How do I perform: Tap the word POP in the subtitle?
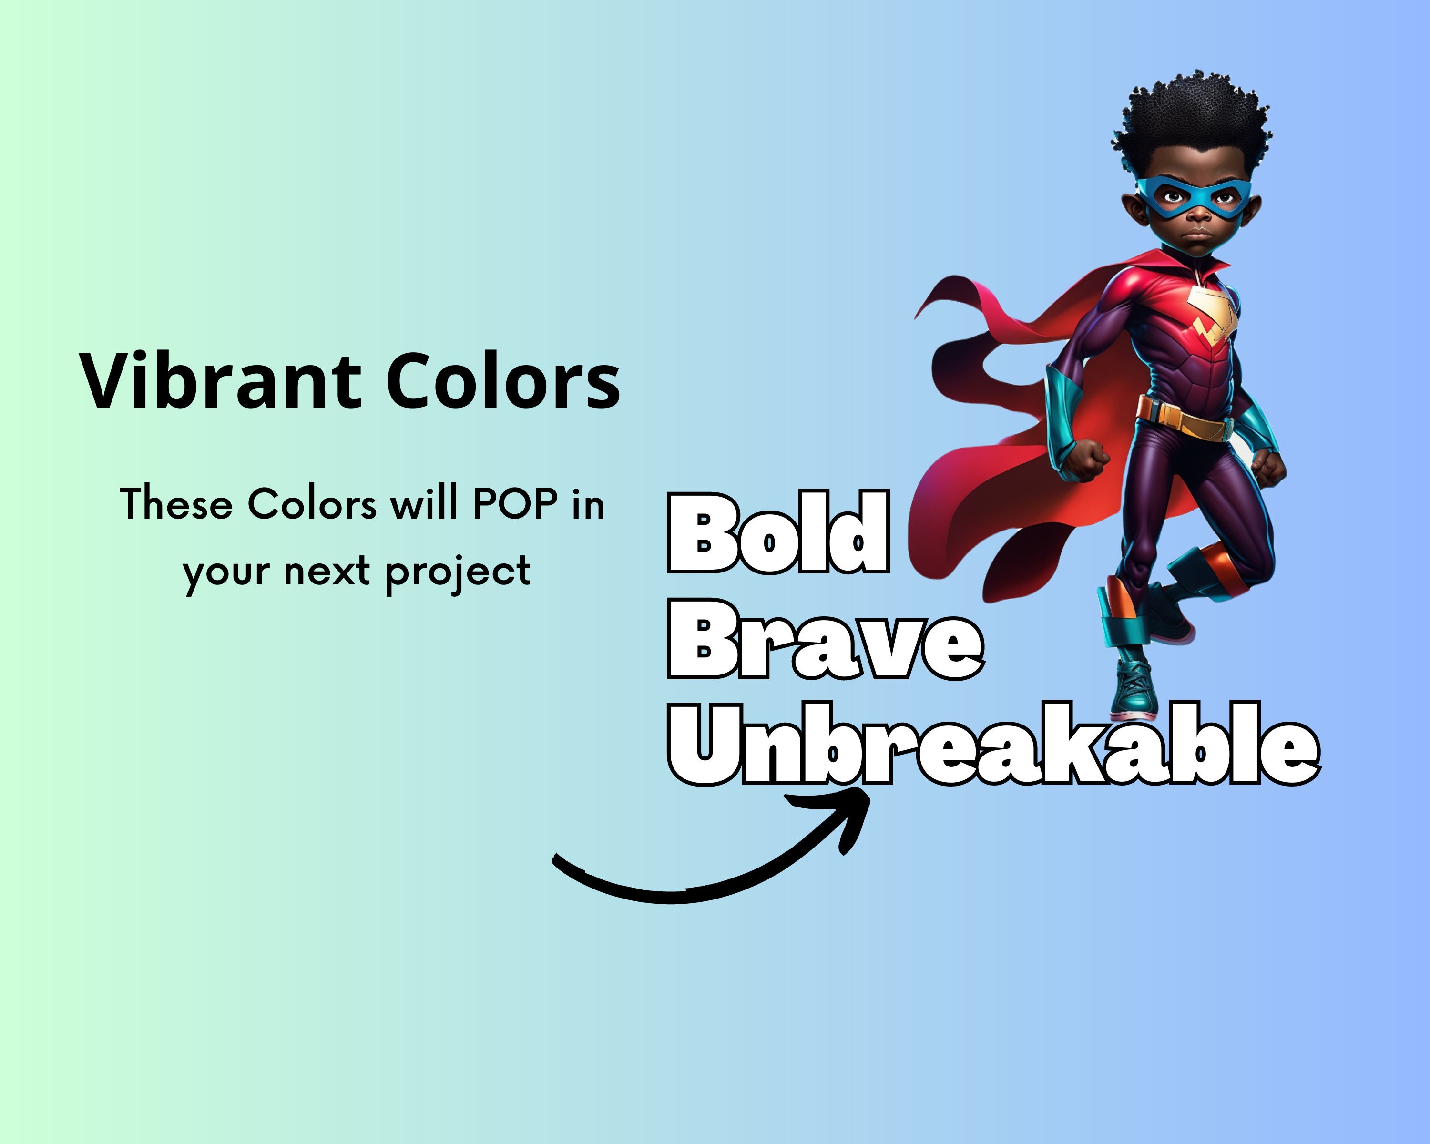515,504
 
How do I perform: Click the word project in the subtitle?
458,572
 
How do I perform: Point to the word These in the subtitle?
176,504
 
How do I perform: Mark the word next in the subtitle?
327,572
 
